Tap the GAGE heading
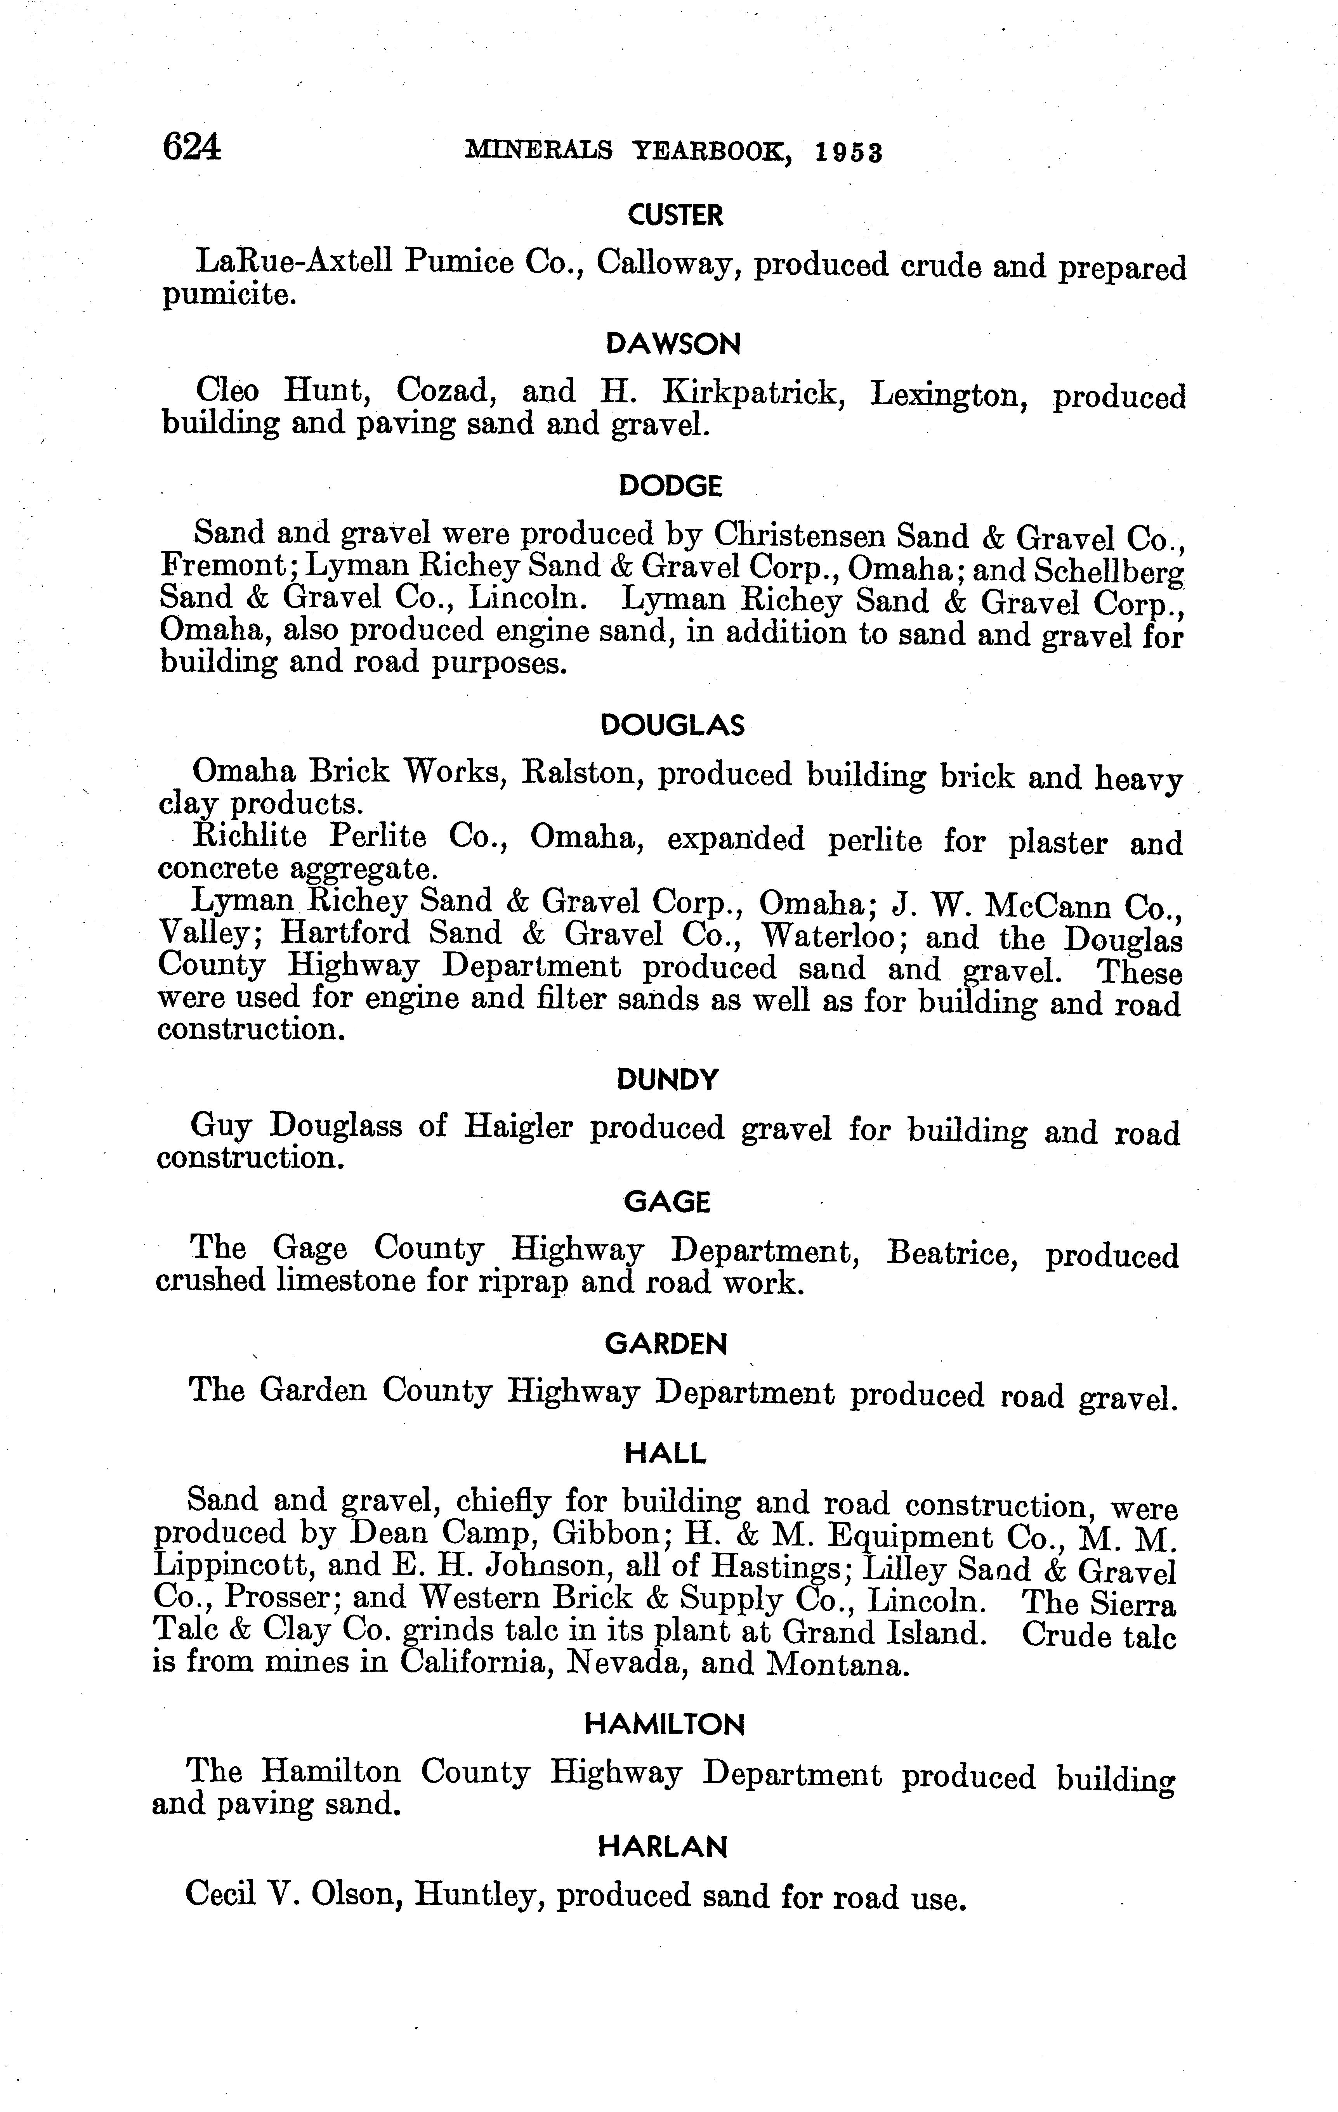point(667,1202)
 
